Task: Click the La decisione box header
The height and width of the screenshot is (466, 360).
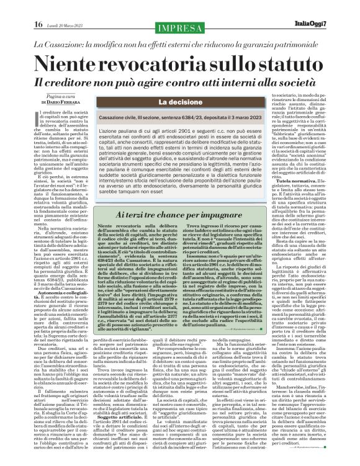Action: coord(180,102)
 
